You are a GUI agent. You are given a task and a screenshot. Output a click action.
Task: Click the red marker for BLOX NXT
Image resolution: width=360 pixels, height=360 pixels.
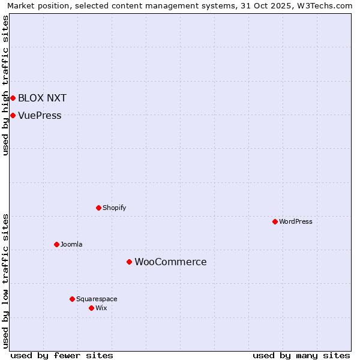tap(13, 98)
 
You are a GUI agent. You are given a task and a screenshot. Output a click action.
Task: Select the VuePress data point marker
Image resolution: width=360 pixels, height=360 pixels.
tap(13, 115)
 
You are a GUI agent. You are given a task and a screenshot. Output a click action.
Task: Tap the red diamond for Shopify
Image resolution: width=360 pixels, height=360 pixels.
tap(98, 208)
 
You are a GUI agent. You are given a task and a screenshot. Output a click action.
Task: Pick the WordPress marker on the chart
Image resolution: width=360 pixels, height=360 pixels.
tap(275, 221)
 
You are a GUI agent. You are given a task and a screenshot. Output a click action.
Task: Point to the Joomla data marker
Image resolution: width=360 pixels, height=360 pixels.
tap(56, 244)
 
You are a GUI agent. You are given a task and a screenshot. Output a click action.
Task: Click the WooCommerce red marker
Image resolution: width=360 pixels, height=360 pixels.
tap(129, 262)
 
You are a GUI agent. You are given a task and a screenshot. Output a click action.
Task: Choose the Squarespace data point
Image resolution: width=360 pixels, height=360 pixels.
tap(72, 299)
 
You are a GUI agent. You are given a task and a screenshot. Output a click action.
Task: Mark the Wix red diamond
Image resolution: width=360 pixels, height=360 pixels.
tap(91, 308)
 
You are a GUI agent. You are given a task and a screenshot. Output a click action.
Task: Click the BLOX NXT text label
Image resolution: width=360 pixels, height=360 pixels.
tap(42, 98)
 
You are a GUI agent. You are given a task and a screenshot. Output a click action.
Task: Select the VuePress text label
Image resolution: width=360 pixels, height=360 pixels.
tap(40, 115)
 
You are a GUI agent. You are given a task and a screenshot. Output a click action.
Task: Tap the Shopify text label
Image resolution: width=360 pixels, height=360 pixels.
tap(114, 208)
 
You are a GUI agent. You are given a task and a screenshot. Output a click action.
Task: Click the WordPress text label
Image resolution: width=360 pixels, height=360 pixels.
tap(296, 221)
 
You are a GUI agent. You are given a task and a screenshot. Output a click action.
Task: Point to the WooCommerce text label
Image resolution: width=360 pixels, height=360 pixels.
tap(170, 262)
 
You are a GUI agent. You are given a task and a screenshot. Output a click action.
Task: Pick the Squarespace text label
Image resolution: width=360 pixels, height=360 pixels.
tap(97, 299)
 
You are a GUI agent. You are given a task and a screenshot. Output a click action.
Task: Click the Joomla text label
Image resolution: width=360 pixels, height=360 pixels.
tap(71, 244)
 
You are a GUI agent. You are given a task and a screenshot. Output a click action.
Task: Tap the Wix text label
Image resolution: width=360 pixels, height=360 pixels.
tap(101, 308)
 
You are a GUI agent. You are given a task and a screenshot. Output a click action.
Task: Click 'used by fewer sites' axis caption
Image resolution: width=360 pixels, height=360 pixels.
tap(62, 355)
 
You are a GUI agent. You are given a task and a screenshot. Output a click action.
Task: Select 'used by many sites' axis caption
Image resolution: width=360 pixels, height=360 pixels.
tap(301, 355)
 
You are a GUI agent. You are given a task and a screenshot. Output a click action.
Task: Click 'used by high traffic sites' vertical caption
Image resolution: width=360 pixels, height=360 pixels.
tap(5, 85)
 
